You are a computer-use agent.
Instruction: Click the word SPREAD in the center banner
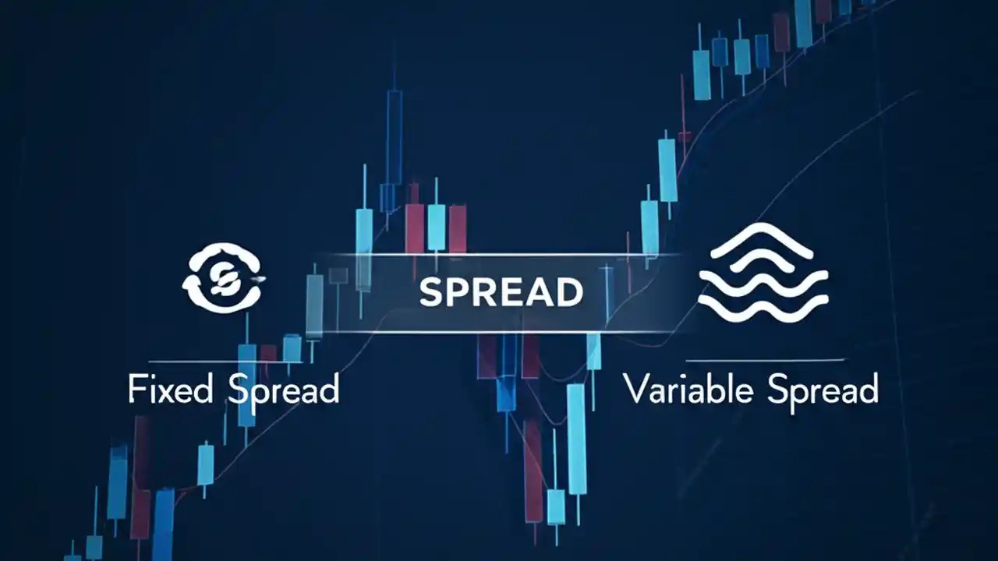pos(501,292)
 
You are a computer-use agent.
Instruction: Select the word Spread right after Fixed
pos(284,389)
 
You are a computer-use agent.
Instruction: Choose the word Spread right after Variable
pos(823,389)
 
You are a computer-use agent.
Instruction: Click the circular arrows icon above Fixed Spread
pos(223,277)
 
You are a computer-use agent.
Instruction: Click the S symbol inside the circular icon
pos(223,277)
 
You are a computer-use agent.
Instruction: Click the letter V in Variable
pos(636,389)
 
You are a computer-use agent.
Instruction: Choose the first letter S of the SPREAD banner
pos(431,292)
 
